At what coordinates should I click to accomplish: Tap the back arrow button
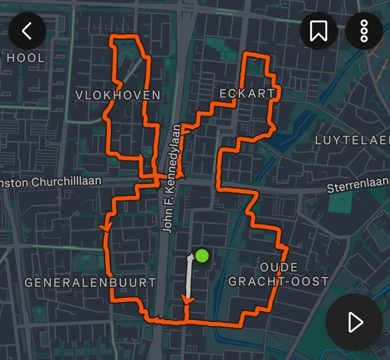tap(27, 31)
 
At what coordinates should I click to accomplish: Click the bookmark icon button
tap(318, 31)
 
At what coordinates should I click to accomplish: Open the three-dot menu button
tap(364, 31)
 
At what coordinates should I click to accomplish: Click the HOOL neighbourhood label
tap(25, 58)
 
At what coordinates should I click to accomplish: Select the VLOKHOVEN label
tap(118, 95)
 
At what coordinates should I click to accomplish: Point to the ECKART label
tap(247, 94)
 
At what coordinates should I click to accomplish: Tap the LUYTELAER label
tap(352, 141)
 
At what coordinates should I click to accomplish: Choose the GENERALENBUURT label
tap(90, 282)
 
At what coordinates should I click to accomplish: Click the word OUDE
tap(278, 267)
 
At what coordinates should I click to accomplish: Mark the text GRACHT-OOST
tap(278, 281)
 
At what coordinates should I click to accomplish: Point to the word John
tap(167, 222)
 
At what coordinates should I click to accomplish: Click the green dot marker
tap(202, 255)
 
